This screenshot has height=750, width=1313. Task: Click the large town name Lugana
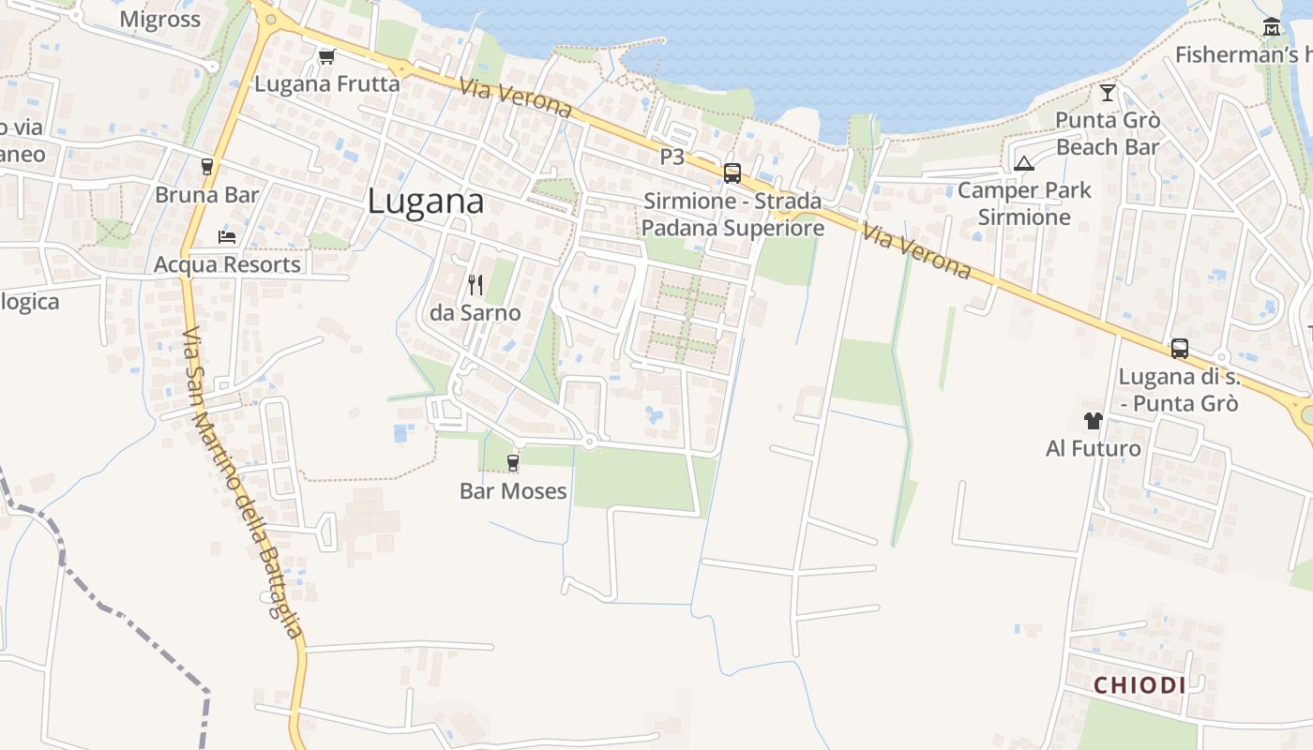(426, 202)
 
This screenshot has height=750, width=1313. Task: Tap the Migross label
(160, 20)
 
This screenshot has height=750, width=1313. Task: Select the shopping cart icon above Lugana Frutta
(326, 57)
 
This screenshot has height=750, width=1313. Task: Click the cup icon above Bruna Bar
(207, 167)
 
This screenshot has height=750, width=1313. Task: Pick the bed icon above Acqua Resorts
(227, 236)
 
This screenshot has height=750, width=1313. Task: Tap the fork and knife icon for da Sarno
(475, 284)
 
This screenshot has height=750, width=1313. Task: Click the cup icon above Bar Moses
(513, 462)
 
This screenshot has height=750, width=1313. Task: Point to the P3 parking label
(672, 157)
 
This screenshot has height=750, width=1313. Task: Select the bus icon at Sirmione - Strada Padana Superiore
(732, 172)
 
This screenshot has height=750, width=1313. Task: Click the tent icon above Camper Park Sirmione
(1024, 163)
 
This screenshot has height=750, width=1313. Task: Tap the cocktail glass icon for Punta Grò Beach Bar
(1108, 92)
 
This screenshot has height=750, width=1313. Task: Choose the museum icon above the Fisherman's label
(1272, 27)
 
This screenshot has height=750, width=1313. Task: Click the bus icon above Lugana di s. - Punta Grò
(1180, 349)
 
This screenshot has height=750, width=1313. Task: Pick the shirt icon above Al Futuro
(1093, 420)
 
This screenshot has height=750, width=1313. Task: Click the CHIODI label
(1139, 685)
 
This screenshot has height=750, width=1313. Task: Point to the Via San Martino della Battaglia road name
(243, 483)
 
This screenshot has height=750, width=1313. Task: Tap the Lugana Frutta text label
(327, 84)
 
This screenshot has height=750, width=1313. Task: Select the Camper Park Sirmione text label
(1024, 203)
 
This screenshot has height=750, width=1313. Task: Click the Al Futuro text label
(1094, 449)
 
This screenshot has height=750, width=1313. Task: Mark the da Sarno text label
(475, 313)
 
